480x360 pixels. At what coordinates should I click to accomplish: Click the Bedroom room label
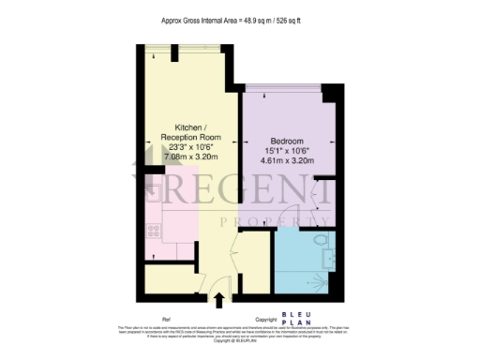[x=286, y=140]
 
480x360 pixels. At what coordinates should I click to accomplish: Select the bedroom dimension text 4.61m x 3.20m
[x=286, y=162]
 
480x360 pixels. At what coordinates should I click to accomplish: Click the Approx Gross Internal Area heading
[x=239, y=18]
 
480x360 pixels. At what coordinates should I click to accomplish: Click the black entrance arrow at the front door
[x=219, y=300]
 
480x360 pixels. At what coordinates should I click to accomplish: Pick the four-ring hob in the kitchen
[x=154, y=233]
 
